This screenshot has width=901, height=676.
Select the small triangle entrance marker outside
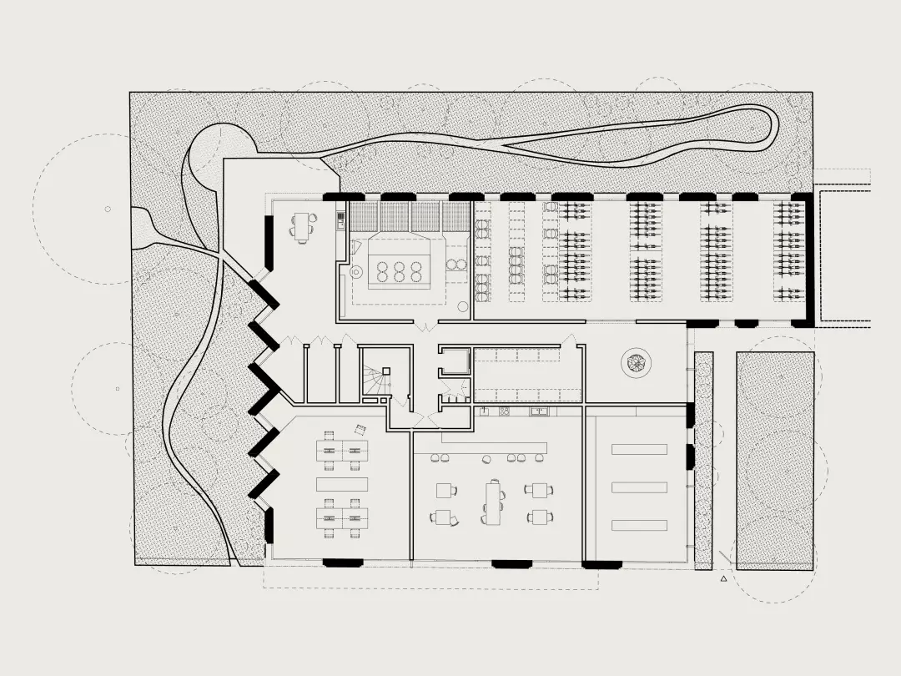click(724, 577)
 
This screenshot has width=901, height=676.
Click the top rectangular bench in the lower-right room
click(639, 449)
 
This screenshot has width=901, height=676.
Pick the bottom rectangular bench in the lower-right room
click(639, 525)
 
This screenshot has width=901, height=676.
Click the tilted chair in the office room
click(360, 429)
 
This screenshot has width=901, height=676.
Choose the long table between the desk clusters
click(342, 484)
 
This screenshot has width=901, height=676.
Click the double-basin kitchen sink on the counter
click(541, 411)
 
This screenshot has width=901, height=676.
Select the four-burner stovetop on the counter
click(504, 411)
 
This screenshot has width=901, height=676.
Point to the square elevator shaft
click(455, 361)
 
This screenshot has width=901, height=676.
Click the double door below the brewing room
click(426, 324)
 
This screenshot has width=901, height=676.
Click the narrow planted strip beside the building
click(703, 459)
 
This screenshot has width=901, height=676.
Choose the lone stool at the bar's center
click(486, 457)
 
